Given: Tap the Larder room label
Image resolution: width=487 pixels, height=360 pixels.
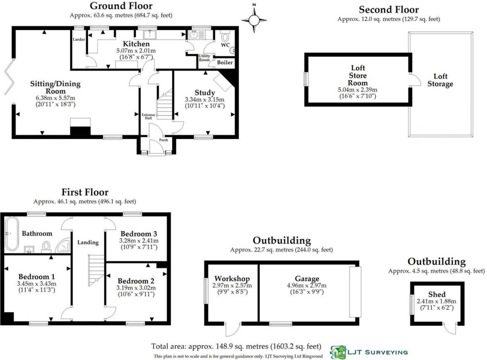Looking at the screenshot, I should tap(78, 39).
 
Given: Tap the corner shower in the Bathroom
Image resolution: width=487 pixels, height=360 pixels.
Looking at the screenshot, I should tap(62, 245).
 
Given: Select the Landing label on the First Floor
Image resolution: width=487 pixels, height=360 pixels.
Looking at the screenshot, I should tap(88, 242).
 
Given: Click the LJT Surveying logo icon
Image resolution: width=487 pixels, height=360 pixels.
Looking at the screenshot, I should tap(338, 352).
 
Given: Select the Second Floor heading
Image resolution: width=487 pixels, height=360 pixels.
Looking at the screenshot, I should tap(389, 10).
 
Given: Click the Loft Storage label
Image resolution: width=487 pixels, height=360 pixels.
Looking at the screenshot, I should tap(440, 80).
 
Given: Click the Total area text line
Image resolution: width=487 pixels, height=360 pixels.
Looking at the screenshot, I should tap(236, 346).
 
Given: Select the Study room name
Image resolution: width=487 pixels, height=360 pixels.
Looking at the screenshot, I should tap(205, 92).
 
